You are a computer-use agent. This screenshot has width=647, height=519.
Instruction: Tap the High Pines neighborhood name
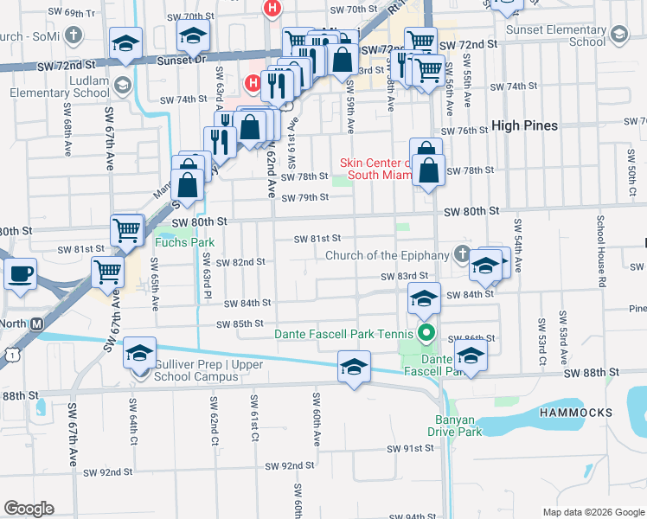524,125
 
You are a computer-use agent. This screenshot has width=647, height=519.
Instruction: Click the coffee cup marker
20,273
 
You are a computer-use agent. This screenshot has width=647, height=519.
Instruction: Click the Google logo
29,509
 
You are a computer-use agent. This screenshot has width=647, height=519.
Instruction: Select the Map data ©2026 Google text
593,512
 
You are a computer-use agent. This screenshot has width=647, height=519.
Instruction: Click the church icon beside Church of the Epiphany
462,254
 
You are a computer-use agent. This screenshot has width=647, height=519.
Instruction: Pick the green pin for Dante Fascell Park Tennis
426,333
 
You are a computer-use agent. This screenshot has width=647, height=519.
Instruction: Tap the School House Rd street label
599,251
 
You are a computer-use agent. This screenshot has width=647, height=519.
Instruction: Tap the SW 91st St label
410,448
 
